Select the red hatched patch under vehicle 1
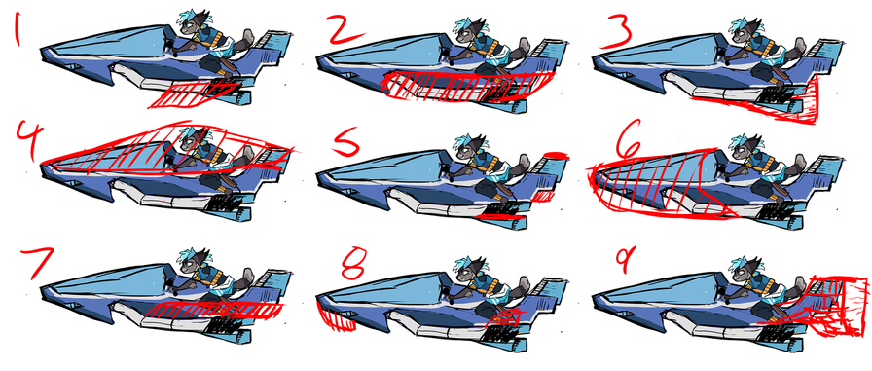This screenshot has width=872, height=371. point(195,93)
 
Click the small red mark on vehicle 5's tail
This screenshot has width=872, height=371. point(554,155)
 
